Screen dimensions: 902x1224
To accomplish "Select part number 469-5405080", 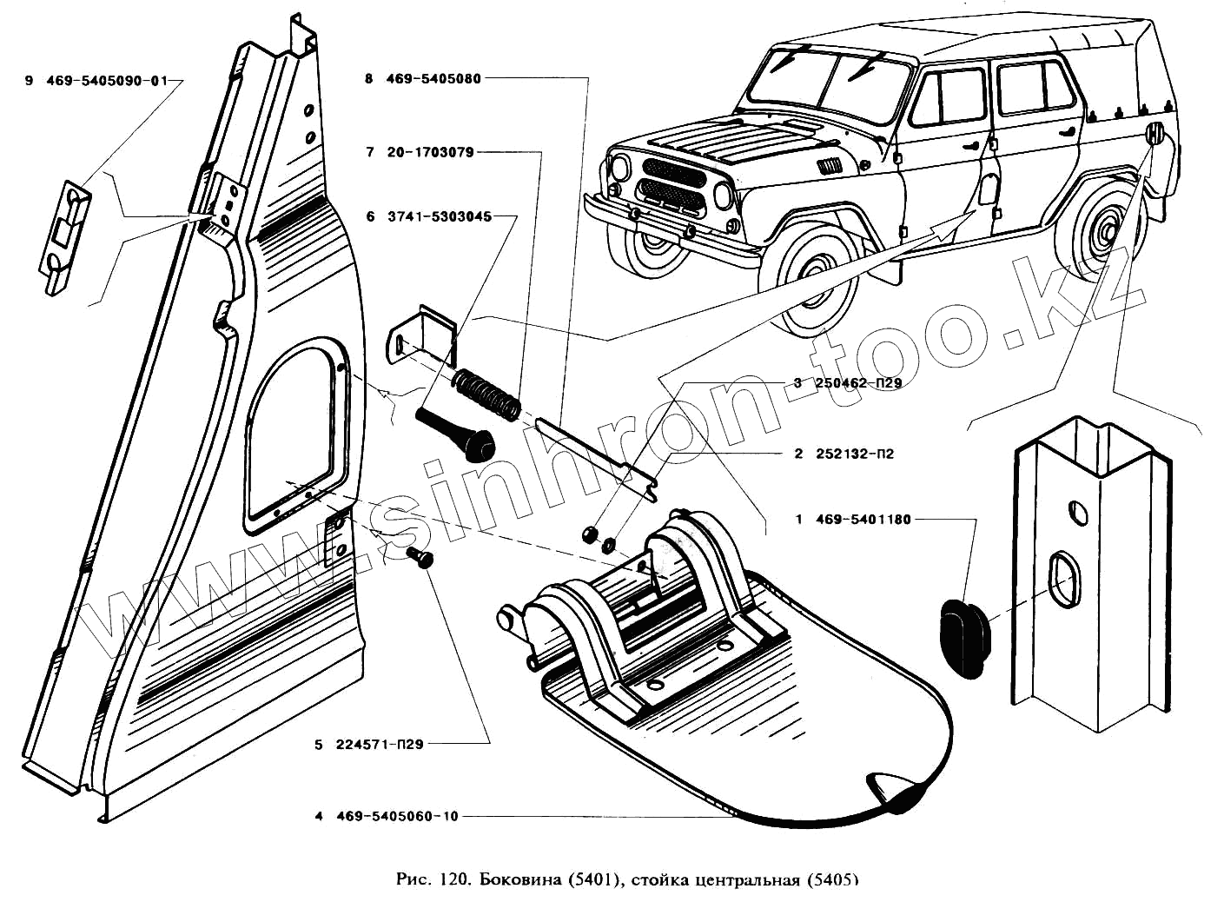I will click(433, 79).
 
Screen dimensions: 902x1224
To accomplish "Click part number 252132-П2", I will click(855, 454).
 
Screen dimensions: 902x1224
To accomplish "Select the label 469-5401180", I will click(863, 520).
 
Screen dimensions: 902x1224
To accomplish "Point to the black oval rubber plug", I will click(962, 633).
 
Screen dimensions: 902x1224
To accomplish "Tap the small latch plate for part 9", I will click(63, 233).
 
